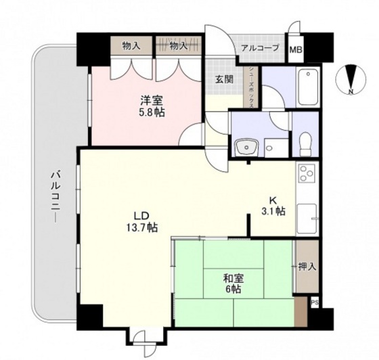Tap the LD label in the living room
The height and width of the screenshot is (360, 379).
pos(140,216)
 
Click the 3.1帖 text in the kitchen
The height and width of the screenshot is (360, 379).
pos(273,211)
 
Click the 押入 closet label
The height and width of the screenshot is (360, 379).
pos(307,266)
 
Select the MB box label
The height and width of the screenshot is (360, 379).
pos(296,49)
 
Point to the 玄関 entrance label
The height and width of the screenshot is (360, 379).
pos(224,79)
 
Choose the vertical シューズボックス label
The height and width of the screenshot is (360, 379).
pos(252,85)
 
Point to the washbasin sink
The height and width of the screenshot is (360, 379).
pos(244,145)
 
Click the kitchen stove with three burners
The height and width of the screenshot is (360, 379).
pos(307,175)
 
